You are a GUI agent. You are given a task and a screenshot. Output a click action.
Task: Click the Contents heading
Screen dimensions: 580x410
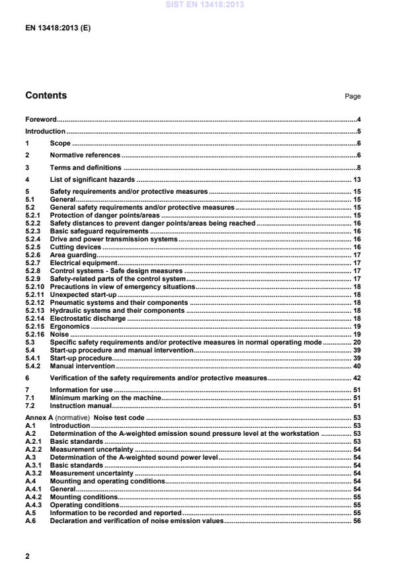46,96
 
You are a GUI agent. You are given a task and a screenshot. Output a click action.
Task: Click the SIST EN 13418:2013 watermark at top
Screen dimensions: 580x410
205,4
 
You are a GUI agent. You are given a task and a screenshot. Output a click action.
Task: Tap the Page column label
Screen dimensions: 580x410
352,97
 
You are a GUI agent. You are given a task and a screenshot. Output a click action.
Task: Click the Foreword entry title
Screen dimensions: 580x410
40,119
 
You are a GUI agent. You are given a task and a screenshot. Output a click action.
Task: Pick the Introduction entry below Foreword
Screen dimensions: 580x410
45,131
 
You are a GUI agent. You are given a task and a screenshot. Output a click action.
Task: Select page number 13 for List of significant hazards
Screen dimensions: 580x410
356,179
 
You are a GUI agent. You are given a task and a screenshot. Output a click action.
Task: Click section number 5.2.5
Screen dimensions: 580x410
33,247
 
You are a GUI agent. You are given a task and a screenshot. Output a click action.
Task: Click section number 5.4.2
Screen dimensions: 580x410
33,366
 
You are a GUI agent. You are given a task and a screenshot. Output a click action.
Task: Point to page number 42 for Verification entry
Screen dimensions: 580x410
356,378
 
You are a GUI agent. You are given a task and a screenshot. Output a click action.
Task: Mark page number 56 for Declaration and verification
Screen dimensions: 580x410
356,521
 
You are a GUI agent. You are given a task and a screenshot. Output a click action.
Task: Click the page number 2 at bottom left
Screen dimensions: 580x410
27,556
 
